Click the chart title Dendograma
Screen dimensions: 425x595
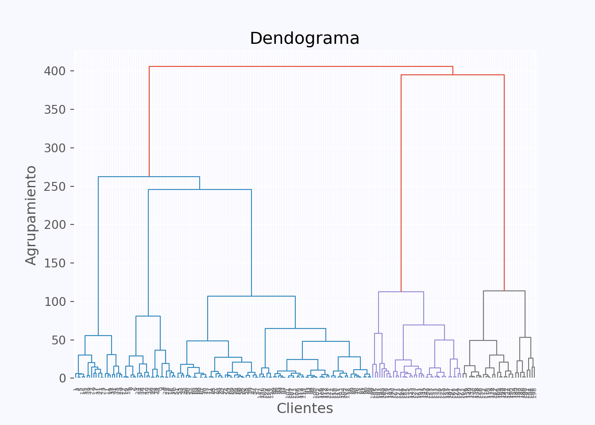point(305,39)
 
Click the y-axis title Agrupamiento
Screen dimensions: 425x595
point(31,215)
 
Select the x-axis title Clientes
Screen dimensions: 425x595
point(305,408)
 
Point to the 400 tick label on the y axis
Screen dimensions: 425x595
point(54,71)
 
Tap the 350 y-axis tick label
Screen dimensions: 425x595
point(54,110)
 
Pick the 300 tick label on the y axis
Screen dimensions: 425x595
point(54,148)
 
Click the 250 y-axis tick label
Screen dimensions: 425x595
point(54,186)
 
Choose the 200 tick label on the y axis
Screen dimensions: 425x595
point(54,225)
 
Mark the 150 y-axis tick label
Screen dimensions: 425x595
point(54,263)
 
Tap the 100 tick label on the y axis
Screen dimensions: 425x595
point(54,301)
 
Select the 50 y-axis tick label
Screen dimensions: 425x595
point(59,340)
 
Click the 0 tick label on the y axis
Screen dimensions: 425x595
point(62,379)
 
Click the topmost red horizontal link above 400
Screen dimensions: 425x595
point(301,66)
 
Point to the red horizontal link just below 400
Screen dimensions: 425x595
point(452,75)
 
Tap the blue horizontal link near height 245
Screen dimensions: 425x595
point(200,189)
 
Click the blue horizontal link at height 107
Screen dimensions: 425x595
point(251,296)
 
